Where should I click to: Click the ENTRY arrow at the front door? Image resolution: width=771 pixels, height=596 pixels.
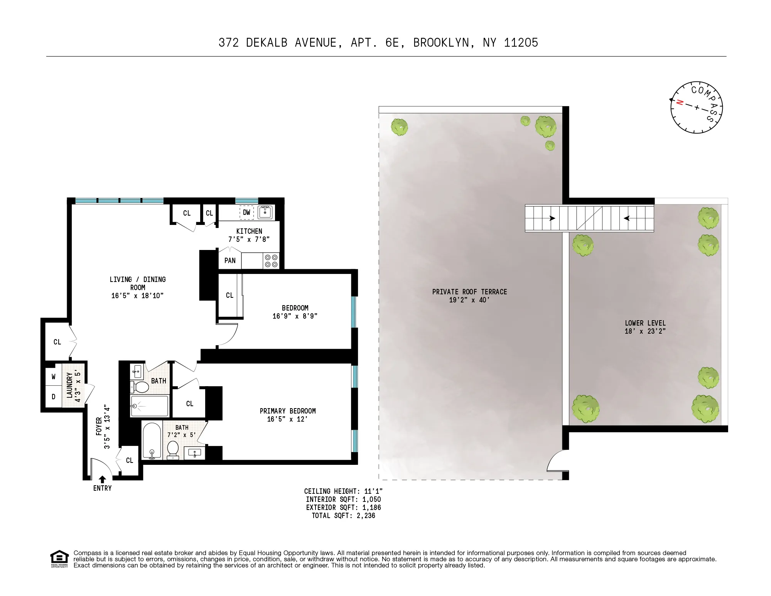point(102,480)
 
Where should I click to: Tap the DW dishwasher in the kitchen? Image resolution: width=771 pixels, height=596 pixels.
point(246,213)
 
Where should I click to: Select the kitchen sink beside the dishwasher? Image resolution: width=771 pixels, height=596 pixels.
point(265,212)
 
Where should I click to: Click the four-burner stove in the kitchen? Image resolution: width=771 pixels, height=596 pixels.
point(271,261)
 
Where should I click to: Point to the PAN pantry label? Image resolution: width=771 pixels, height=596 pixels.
point(230,261)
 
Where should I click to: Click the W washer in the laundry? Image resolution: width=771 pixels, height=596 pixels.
point(54,377)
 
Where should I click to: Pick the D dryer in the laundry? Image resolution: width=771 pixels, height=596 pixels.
point(54,397)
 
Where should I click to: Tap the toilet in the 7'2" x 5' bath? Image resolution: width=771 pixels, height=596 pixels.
point(173,450)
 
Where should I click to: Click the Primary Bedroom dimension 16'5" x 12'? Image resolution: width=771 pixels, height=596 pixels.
point(287,419)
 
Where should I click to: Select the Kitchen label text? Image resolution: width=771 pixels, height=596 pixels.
point(249,231)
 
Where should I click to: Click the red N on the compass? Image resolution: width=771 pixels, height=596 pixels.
point(680,103)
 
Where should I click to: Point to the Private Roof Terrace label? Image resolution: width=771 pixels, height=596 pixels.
point(469,292)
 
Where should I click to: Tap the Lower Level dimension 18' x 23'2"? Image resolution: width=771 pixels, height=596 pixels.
point(645,331)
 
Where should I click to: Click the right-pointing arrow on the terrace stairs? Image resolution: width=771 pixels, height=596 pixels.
point(552,218)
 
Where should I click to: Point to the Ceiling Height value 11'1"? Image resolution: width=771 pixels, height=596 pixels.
point(373,491)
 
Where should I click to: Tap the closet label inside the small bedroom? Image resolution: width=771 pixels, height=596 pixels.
point(229,295)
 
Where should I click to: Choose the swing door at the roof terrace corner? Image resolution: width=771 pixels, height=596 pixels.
point(557,461)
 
